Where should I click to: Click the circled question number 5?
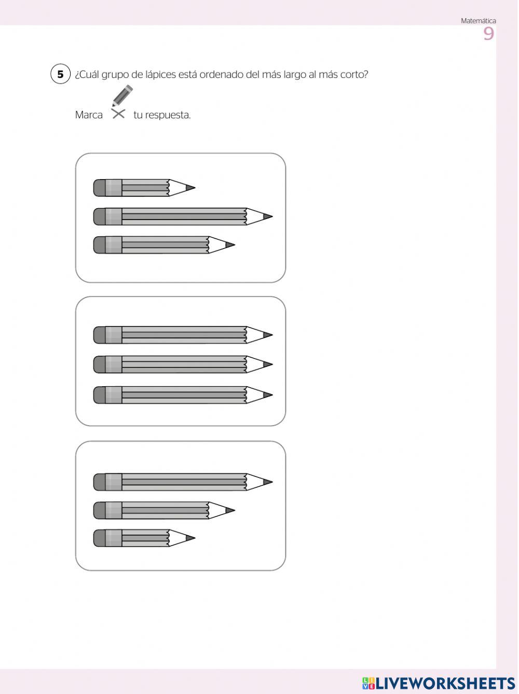[60, 74]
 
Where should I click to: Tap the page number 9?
[488, 34]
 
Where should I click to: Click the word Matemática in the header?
[478, 21]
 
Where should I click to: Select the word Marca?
[89, 115]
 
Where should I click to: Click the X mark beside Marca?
[118, 114]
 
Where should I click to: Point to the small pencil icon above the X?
[122, 96]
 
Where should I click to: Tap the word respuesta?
[168, 115]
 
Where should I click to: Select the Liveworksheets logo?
[439, 683]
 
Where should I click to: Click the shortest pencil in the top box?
[144, 187]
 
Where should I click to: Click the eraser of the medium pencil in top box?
[100, 245]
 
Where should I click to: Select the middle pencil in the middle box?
[183, 364]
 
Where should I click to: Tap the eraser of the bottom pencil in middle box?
[100, 395]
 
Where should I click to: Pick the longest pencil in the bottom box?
[183, 482]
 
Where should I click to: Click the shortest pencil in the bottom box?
[144, 538]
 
